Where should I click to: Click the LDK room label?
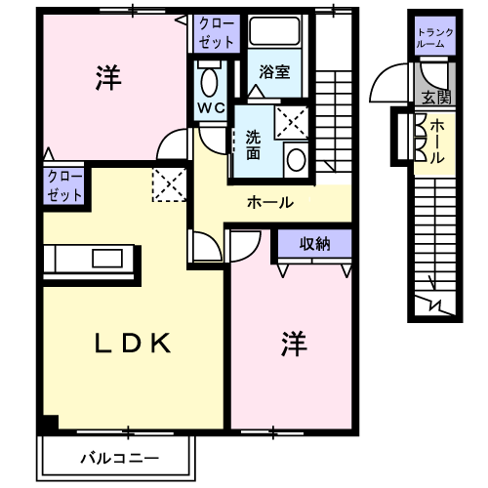pyautogui.click(x=133, y=344)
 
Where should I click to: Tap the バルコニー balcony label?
pyautogui.click(x=119, y=459)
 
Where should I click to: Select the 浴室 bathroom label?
pyautogui.click(x=274, y=72)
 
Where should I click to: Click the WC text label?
pyautogui.click(x=211, y=108)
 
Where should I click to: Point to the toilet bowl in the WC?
pyautogui.click(x=209, y=82)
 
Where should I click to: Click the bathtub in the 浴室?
pyautogui.click(x=274, y=31)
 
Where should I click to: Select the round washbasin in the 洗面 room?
pyautogui.click(x=297, y=160)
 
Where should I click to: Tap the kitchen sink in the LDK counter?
pyautogui.click(x=107, y=259)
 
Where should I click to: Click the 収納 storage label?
pyautogui.click(x=314, y=244)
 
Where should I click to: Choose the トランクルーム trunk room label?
pyautogui.click(x=435, y=38)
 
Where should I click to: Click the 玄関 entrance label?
pyautogui.click(x=436, y=97)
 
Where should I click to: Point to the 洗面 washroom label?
pyautogui.click(x=253, y=145)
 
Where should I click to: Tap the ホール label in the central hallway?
pyautogui.click(x=270, y=202)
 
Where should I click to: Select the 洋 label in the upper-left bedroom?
pyautogui.click(x=108, y=78)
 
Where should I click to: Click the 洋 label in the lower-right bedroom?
pyautogui.click(x=294, y=344)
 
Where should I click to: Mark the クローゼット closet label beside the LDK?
pyautogui.click(x=64, y=186)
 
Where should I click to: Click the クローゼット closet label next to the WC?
pyautogui.click(x=217, y=33)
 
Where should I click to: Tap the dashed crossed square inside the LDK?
pyautogui.click(x=169, y=184)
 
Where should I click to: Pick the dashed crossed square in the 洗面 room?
pyautogui.click(x=291, y=123)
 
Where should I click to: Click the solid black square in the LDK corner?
pyautogui.click(x=51, y=423)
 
